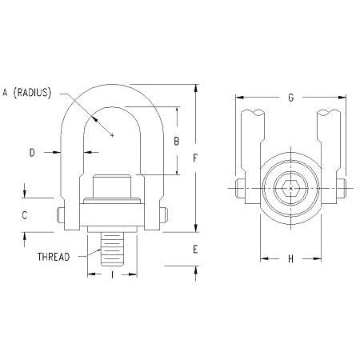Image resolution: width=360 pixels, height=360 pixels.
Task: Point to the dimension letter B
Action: [176, 142]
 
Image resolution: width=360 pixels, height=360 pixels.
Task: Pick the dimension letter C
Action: [25, 214]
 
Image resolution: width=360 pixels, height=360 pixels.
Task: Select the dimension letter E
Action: [194, 249]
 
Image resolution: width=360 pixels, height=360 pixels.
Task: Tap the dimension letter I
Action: [111, 274]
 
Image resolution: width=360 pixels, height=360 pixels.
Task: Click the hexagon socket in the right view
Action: [289, 190]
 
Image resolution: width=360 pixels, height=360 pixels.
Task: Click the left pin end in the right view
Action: [239, 190]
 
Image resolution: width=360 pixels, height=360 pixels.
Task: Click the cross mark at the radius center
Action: [113, 135]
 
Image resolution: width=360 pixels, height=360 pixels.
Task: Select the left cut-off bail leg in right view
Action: [254, 140]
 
